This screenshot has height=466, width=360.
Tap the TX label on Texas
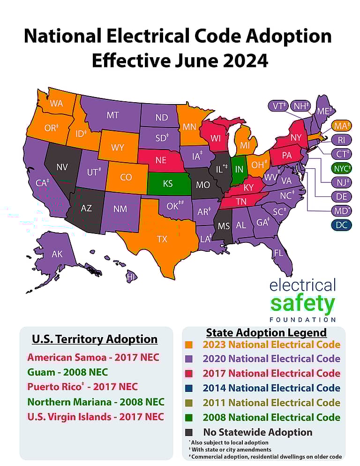(162, 239)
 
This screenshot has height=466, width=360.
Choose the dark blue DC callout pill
(342, 225)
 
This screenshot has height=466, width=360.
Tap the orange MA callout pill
(342, 126)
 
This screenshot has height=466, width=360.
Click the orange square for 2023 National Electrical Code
(189, 345)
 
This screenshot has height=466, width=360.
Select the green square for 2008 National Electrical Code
(189, 417)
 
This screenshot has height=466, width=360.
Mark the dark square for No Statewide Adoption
(189, 432)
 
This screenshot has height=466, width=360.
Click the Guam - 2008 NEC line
(67, 372)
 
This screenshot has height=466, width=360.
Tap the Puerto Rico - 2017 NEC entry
(82, 387)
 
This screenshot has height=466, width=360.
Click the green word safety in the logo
(303, 304)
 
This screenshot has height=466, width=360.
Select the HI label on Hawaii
(131, 278)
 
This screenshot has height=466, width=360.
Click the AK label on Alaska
(57, 255)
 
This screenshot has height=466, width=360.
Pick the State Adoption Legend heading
(266, 332)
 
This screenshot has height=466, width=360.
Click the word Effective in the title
(131, 61)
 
